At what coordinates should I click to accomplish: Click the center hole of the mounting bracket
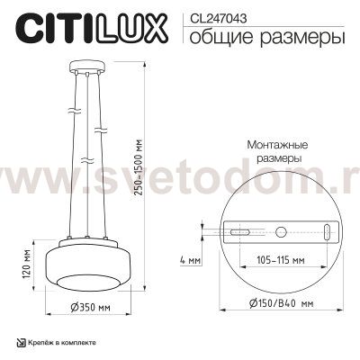click(281, 232)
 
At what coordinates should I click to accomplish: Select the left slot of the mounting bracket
click(238, 232)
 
